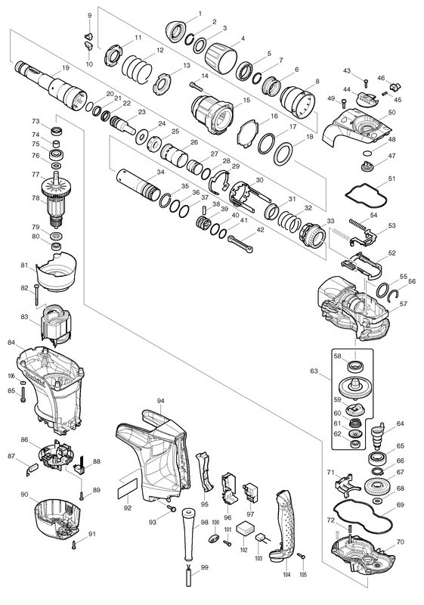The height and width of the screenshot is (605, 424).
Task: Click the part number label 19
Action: coord(66,68)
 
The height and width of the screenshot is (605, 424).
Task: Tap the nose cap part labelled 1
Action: coord(176,31)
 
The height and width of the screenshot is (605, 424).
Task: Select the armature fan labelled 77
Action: coord(57,186)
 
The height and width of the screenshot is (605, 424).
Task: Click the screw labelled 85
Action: coord(23,394)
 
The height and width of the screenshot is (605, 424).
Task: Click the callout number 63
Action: coord(314,371)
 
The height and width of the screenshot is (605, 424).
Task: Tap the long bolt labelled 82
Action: coord(36,294)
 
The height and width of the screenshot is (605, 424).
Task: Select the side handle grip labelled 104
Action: coord(285,524)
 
